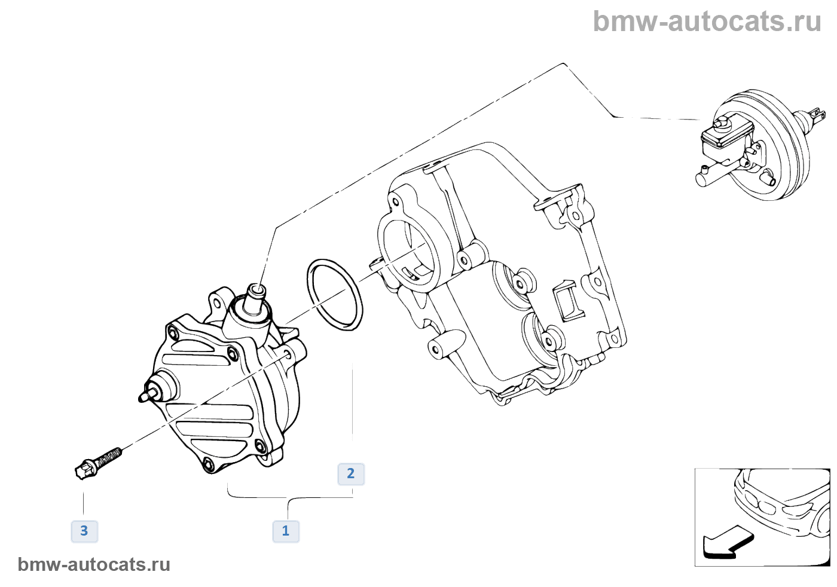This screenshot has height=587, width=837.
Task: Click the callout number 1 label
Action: (286, 531)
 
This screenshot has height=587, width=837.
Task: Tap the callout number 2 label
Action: (351, 474)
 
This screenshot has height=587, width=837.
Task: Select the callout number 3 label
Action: (84, 531)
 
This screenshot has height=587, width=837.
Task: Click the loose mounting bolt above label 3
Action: (98, 461)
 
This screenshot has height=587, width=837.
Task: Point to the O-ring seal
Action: (335, 294)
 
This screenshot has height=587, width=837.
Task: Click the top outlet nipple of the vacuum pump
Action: (257, 292)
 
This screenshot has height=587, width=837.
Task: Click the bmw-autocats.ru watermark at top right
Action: (707, 22)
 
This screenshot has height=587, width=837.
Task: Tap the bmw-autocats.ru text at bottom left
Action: (94, 564)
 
